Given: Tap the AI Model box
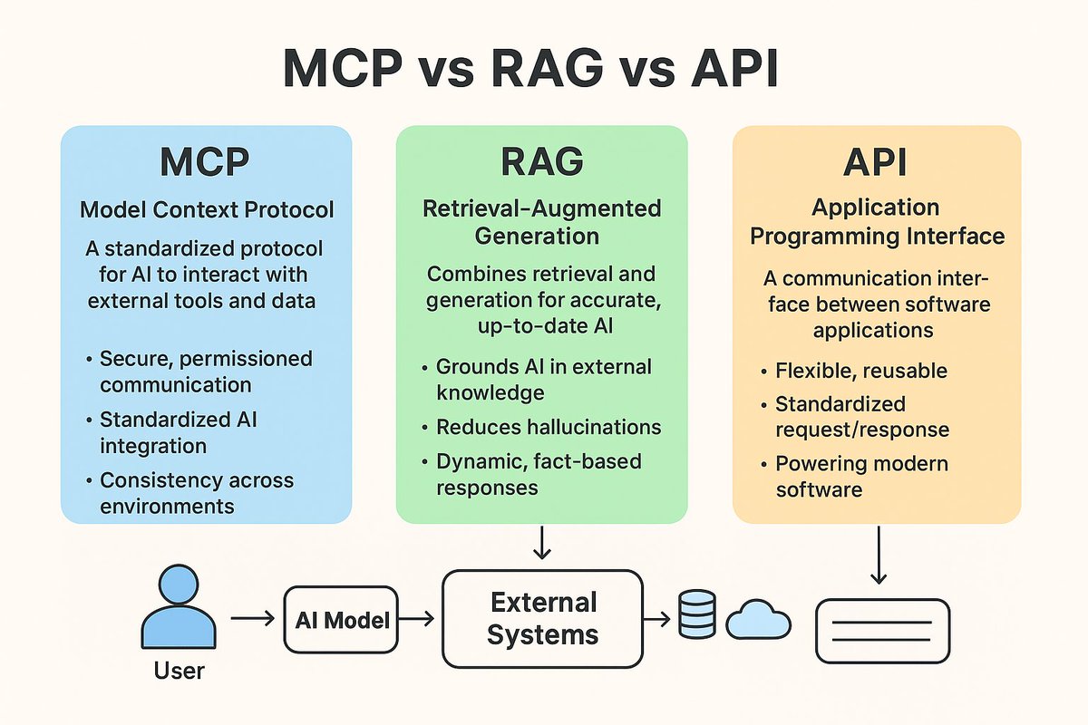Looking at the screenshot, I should pos(342,621).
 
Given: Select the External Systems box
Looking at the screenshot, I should pos(542,618).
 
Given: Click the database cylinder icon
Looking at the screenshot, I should pos(696,614).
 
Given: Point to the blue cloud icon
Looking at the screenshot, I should pos(759,620).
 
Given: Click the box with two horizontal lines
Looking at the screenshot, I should pos(883,631).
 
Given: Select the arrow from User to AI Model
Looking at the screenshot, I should pos(253,620).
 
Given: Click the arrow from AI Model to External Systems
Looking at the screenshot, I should pos(418,620).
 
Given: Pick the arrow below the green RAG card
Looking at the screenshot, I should pos(541,543).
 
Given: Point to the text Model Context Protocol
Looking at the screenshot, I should pos(207,210).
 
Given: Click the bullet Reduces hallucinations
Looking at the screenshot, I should pos(549,427).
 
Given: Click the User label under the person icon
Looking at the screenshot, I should pos(180,671).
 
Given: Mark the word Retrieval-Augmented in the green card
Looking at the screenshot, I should pos(542,208).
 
